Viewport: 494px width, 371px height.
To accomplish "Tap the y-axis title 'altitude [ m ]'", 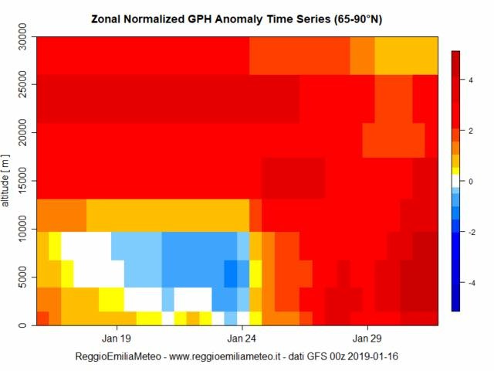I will click(x=7, y=181).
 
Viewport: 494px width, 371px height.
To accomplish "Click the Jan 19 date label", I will click(x=116, y=339).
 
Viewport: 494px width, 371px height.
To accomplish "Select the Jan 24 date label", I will click(x=242, y=339).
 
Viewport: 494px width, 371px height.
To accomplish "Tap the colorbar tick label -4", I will click(x=470, y=283).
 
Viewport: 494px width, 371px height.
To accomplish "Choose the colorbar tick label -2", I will click(x=470, y=232).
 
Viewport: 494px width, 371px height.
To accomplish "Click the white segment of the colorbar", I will click(x=456, y=181).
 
